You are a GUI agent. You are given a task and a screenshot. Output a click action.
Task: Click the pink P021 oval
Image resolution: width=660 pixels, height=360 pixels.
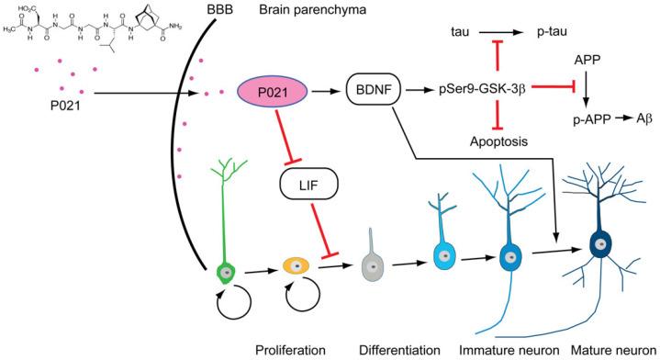pyautogui.click(x=276, y=93)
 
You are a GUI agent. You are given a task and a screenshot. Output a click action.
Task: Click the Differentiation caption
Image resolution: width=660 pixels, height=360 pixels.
pyautogui.click(x=405, y=348)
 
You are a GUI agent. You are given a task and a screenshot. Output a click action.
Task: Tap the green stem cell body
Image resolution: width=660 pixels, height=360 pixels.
pyautogui.click(x=224, y=271)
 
